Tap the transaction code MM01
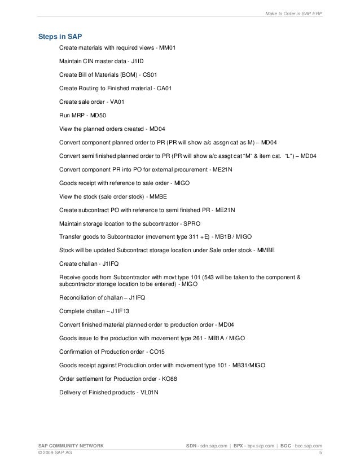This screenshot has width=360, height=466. pos(168,48)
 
